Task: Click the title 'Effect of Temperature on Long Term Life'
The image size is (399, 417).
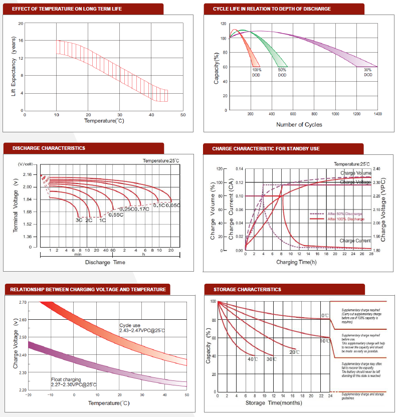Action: point(67,9)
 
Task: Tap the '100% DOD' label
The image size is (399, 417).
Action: point(257,72)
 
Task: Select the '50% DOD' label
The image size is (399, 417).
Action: point(282,72)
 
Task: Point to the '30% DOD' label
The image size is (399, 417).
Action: point(368,72)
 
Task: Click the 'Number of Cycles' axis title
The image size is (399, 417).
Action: point(299,124)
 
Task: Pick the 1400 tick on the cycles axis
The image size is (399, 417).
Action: point(377,115)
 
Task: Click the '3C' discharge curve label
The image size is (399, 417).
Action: point(79,220)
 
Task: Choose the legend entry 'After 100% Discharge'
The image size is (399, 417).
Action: point(346,219)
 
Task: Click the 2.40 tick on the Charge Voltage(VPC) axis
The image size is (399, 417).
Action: point(377,169)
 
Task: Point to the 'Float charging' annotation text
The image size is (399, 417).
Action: point(67,379)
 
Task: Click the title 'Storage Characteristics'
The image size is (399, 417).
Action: point(247,289)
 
